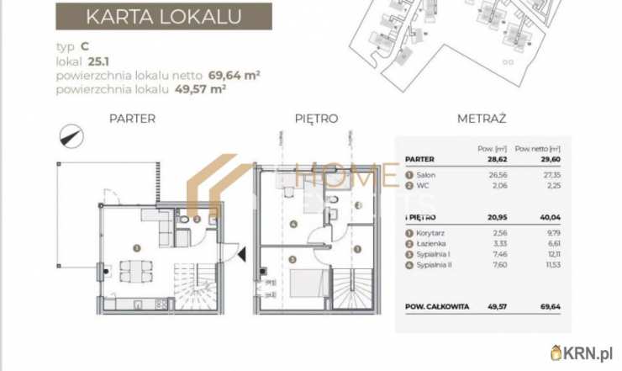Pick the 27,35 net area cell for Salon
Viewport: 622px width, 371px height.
(x=524, y=176)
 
